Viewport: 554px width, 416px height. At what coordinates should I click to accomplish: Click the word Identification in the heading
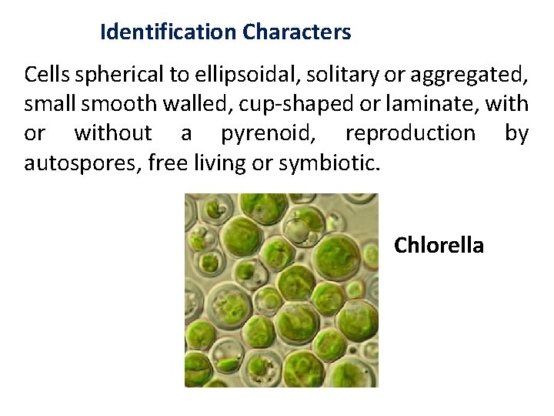coord(168,32)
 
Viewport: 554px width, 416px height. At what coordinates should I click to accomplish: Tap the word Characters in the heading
coord(296,32)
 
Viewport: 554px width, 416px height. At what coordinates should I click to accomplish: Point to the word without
coord(113,133)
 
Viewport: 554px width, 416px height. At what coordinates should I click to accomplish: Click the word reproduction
coord(410,133)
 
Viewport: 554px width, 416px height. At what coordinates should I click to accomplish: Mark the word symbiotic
coord(330,163)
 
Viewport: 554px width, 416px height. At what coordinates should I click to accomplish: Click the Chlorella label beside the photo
coord(439,246)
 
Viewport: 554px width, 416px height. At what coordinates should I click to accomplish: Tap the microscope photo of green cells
coord(281,290)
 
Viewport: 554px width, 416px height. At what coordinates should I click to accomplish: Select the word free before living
coord(169,163)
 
